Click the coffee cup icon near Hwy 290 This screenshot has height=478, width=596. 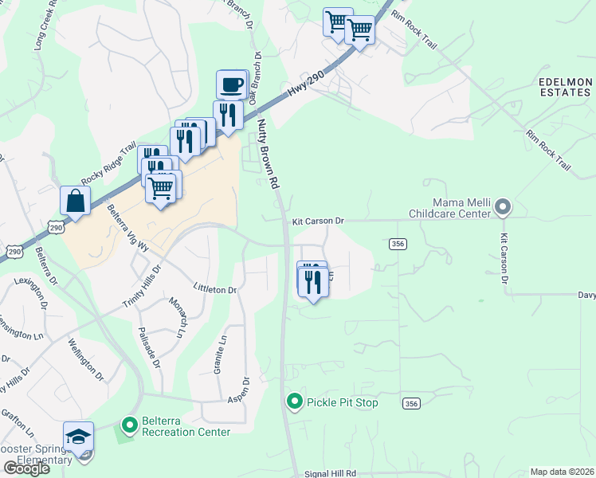pos(233,84)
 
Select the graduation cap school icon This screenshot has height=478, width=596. pos(78,437)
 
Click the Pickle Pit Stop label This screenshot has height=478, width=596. pos(343,403)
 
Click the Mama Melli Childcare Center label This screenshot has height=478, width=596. pos(449,209)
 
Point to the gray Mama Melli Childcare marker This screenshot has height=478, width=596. pos(502,208)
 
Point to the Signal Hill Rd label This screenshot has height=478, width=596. pos(329,473)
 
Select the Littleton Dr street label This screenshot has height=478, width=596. pos(214,290)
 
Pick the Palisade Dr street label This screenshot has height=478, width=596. pos(149,347)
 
